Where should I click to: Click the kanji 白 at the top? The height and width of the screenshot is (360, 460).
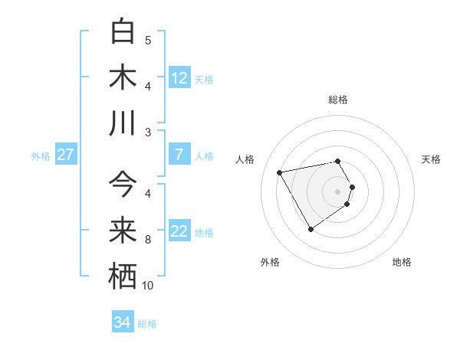(123, 31)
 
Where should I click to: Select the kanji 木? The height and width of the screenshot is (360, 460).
(123, 77)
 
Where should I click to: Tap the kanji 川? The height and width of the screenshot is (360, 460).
(123, 123)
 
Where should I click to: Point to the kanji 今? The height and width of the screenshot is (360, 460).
(123, 185)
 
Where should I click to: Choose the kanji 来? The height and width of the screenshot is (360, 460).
(123, 230)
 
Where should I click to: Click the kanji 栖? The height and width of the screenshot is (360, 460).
(123, 276)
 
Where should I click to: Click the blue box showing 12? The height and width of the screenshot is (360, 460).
(179, 77)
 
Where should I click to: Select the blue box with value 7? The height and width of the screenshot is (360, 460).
(179, 155)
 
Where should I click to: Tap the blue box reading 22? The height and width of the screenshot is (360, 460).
(179, 231)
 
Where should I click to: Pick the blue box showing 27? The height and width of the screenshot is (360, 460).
(65, 155)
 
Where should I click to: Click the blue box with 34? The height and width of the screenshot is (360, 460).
(123, 322)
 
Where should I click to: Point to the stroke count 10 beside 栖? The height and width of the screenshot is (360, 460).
(148, 286)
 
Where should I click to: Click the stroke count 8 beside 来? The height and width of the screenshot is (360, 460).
(148, 240)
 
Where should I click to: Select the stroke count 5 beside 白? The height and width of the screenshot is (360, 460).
(148, 41)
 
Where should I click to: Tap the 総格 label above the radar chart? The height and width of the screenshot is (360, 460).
(338, 100)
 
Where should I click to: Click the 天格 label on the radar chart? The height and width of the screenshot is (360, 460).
(431, 159)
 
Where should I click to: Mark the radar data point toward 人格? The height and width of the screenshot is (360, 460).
(280, 172)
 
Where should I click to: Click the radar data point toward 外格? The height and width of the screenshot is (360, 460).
(310, 229)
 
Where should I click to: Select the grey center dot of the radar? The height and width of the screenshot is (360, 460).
(338, 191)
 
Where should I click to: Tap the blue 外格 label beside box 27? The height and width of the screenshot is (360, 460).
(41, 155)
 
